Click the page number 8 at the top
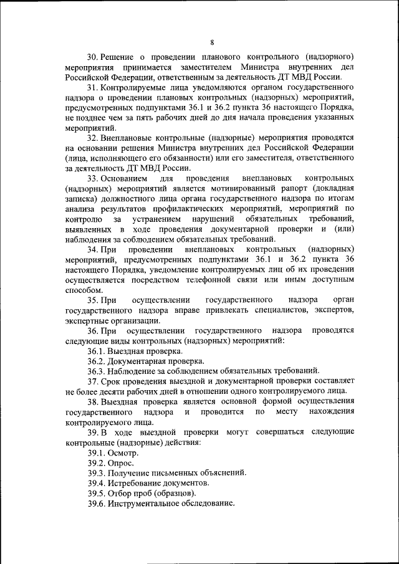tap(213, 42)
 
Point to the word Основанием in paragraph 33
tap(127, 179)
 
